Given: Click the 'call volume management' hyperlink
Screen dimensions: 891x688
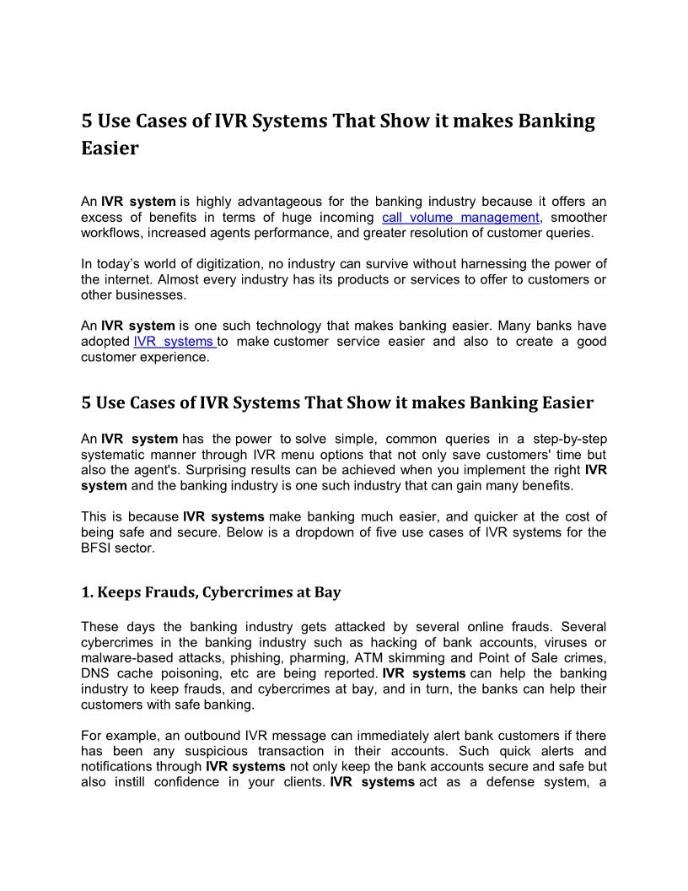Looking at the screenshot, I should tap(460, 217).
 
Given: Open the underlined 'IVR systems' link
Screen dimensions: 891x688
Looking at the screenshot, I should tap(175, 341).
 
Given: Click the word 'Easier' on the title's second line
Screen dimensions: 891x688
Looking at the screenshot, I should tap(110, 148).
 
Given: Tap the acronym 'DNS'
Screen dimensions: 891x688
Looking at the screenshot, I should tap(96, 673).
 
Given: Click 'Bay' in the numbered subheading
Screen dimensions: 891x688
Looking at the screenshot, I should tap(328, 592).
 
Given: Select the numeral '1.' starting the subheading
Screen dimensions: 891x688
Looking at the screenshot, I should tap(87, 592).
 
